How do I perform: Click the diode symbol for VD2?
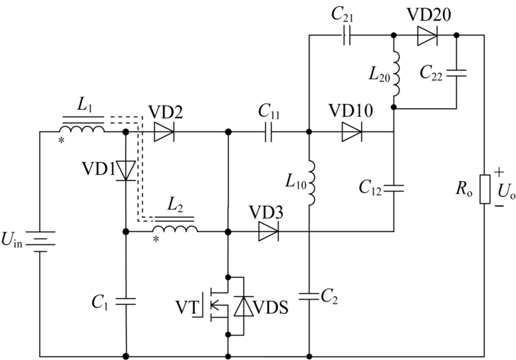tap(164, 132)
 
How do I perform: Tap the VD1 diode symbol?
tap(126, 171)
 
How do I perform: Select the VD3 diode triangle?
tap(268, 231)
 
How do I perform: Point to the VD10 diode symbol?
tap(352, 132)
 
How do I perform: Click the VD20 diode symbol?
tap(427, 35)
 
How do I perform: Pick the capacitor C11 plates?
tap(268, 132)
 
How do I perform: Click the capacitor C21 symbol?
tap(347, 35)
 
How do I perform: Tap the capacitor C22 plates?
tap(456, 73)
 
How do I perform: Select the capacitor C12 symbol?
tap(394, 189)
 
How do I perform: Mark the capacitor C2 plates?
tap(309, 296)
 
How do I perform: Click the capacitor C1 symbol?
tap(126, 300)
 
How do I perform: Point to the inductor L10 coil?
tap(311, 183)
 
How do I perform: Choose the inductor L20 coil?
tap(396, 74)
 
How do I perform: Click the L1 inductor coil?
tap(82, 129)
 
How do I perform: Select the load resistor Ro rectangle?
tap(484, 189)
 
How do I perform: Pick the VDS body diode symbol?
tap(244, 306)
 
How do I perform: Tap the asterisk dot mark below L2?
tap(156, 239)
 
